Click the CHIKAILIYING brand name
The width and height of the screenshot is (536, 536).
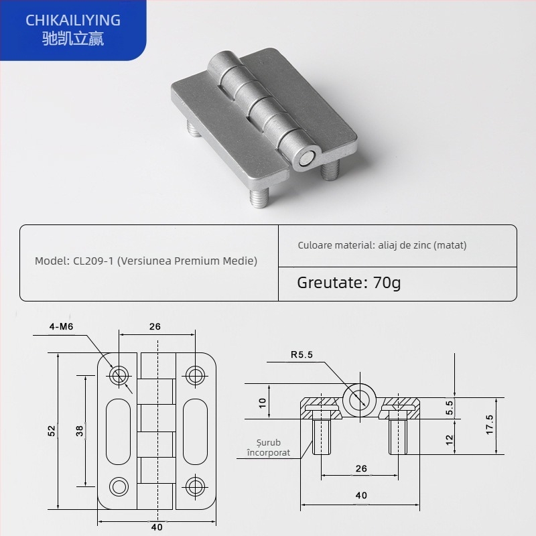point(73,20)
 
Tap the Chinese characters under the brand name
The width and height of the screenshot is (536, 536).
point(73,39)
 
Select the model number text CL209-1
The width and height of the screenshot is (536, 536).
point(91,261)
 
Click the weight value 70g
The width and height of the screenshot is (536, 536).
point(387,282)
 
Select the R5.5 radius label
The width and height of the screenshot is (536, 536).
point(301,355)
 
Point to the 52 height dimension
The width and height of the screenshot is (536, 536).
point(52,431)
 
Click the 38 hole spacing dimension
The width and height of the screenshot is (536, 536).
point(80,431)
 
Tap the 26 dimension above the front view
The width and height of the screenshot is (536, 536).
point(155,328)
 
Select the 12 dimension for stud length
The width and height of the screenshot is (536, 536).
point(450,440)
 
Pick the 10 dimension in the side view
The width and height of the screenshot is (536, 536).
point(263,403)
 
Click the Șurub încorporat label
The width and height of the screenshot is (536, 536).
point(263,448)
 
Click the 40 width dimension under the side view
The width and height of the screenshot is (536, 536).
point(361,495)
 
